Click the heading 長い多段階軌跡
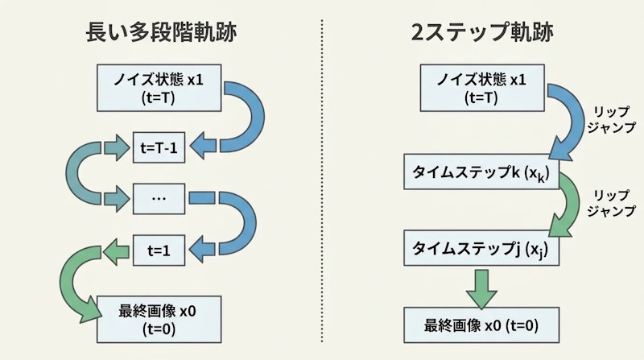166,33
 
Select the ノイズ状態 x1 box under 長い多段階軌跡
158,89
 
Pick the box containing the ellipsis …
158,197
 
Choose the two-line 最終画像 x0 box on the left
158,318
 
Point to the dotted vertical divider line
322,185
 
